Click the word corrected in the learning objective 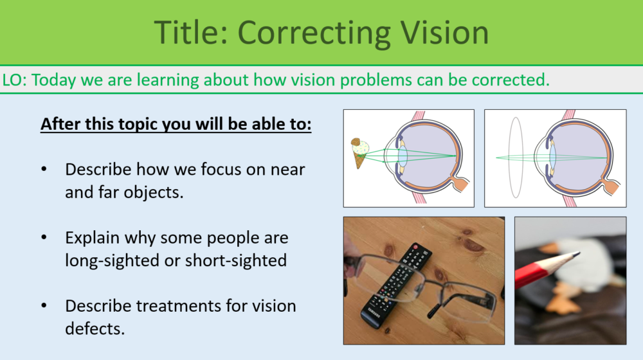coord(512,80)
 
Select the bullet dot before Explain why coord(44,238)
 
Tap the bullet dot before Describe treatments coord(44,306)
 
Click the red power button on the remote coord(419,247)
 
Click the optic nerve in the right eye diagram coord(610,187)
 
